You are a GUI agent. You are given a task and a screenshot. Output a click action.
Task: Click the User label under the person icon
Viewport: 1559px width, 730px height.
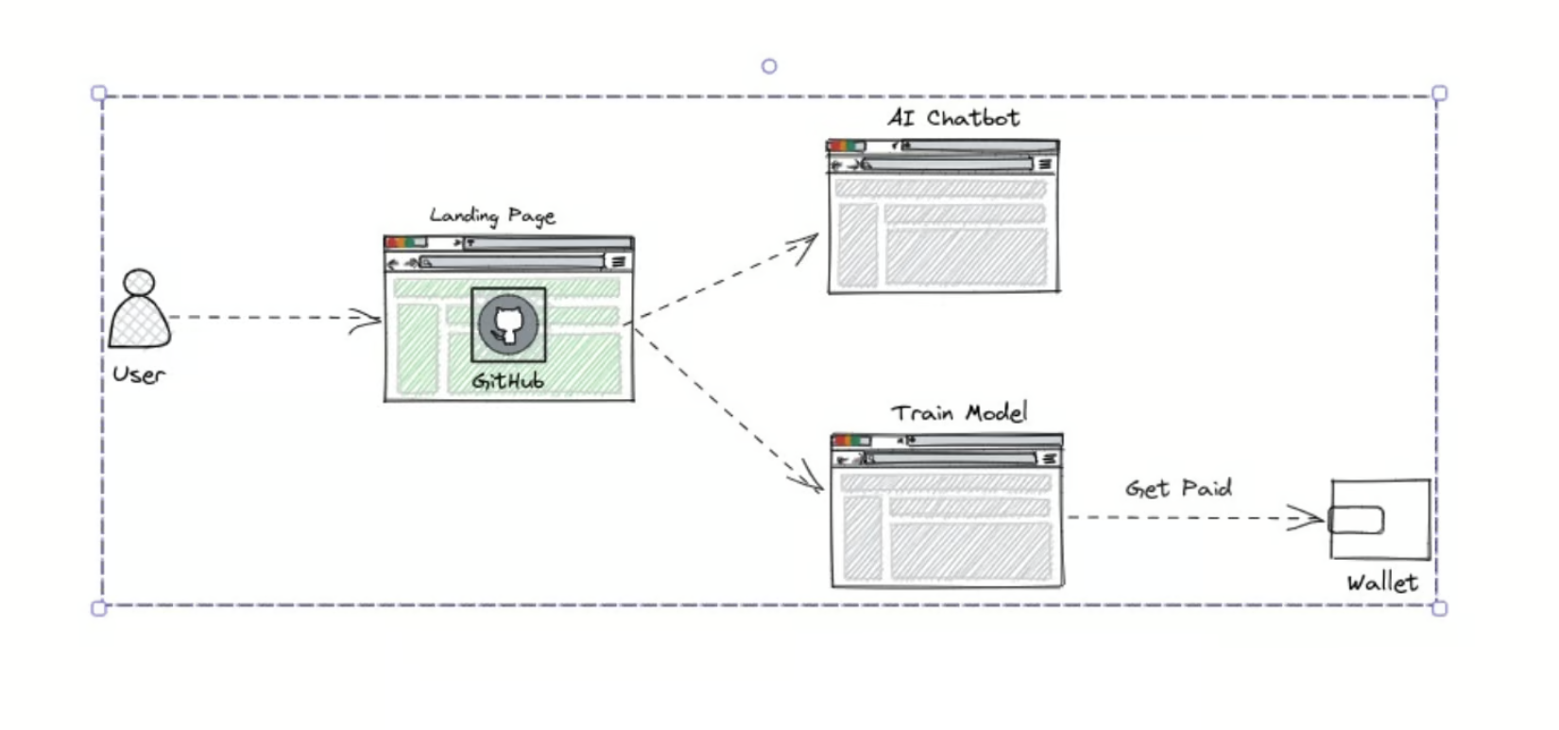coord(139,374)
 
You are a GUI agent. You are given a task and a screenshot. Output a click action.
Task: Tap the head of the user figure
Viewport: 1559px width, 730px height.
coord(139,282)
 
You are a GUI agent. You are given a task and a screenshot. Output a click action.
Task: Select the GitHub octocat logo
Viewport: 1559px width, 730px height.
coord(508,324)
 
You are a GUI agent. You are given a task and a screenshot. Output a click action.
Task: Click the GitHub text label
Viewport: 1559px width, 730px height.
coord(508,381)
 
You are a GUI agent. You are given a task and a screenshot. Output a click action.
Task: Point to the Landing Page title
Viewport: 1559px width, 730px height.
coord(492,216)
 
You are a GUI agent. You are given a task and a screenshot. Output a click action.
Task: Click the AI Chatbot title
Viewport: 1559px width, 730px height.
coord(953,117)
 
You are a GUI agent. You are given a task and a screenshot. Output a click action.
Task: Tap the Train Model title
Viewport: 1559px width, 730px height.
coord(959,413)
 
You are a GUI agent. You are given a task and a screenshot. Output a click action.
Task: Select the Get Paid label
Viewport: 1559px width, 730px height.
coord(1178,488)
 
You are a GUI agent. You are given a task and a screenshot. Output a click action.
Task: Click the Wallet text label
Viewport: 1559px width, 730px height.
coord(1382,582)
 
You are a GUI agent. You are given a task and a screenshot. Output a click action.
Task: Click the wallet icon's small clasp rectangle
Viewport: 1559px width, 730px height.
coord(1356,520)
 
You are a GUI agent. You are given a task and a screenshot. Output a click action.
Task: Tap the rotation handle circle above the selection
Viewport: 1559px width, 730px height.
coord(769,66)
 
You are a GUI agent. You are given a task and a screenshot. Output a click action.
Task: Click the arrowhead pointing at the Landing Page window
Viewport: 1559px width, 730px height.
coord(366,321)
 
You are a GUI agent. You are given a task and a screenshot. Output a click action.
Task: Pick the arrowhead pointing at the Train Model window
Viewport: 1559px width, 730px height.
coord(807,477)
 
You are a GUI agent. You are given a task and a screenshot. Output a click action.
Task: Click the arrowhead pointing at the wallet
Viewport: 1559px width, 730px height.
coord(1306,517)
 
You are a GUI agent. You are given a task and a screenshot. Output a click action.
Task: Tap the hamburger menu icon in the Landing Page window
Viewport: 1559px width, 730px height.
coord(618,262)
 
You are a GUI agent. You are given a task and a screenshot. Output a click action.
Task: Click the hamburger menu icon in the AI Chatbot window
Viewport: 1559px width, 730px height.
coord(1045,165)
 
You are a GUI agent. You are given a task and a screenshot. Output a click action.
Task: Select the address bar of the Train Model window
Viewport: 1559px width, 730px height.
coord(950,459)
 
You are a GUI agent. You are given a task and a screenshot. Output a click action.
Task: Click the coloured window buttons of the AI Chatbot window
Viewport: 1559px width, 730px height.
coord(846,146)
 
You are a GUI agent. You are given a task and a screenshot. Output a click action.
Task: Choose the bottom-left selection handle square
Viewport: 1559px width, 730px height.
coord(99,609)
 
